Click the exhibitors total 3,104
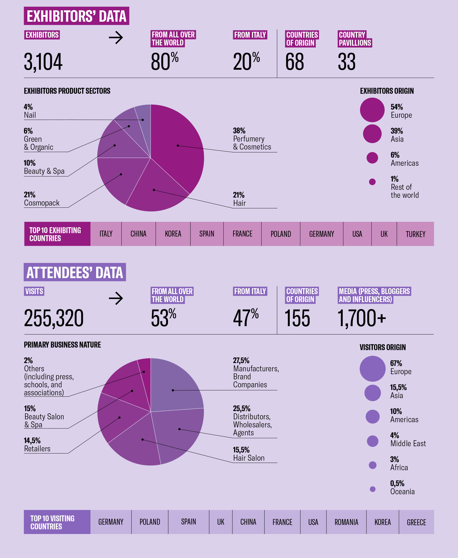point(43,62)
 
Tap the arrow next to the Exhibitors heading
point(116,38)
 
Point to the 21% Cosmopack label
point(41,199)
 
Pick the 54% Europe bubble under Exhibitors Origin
point(372,110)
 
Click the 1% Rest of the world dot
point(372,182)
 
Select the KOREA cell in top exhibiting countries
point(173,234)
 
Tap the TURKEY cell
point(415,234)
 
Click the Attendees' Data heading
point(75,272)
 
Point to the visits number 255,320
point(54,318)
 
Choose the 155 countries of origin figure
point(297,318)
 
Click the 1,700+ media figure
point(361,318)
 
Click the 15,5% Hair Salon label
point(248,454)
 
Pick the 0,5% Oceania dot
point(372,489)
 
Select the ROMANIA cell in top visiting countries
point(346,522)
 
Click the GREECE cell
point(416,522)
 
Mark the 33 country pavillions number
point(346,62)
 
